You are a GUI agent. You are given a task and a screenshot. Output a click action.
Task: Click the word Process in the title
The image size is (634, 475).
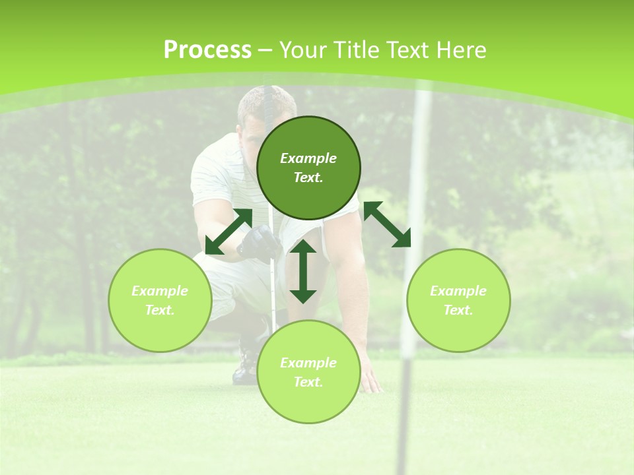point(207,50)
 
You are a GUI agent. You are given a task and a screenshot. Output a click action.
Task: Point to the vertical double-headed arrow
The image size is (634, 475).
point(303,271)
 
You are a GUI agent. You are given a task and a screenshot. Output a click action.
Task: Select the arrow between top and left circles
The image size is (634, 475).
point(229,231)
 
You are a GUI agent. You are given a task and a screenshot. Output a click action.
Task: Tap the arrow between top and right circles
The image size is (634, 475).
point(388,224)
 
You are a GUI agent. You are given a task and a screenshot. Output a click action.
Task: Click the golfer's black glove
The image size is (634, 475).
point(258,243)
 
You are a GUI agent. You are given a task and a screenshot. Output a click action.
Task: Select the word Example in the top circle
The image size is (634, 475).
point(308,158)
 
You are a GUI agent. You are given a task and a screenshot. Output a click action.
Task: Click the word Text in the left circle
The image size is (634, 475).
point(160,310)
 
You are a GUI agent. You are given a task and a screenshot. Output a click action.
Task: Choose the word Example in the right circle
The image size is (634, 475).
point(458,291)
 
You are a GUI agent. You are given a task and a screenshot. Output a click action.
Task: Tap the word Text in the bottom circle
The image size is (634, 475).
point(308,382)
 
